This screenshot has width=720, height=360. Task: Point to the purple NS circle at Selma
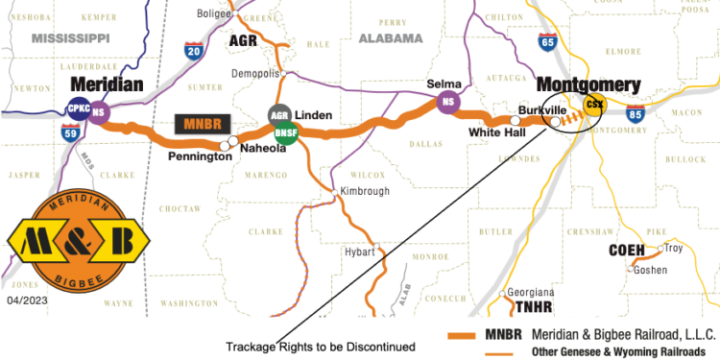446,103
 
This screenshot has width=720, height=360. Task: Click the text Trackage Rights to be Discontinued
320,346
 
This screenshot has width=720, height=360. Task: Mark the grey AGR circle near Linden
279,115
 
